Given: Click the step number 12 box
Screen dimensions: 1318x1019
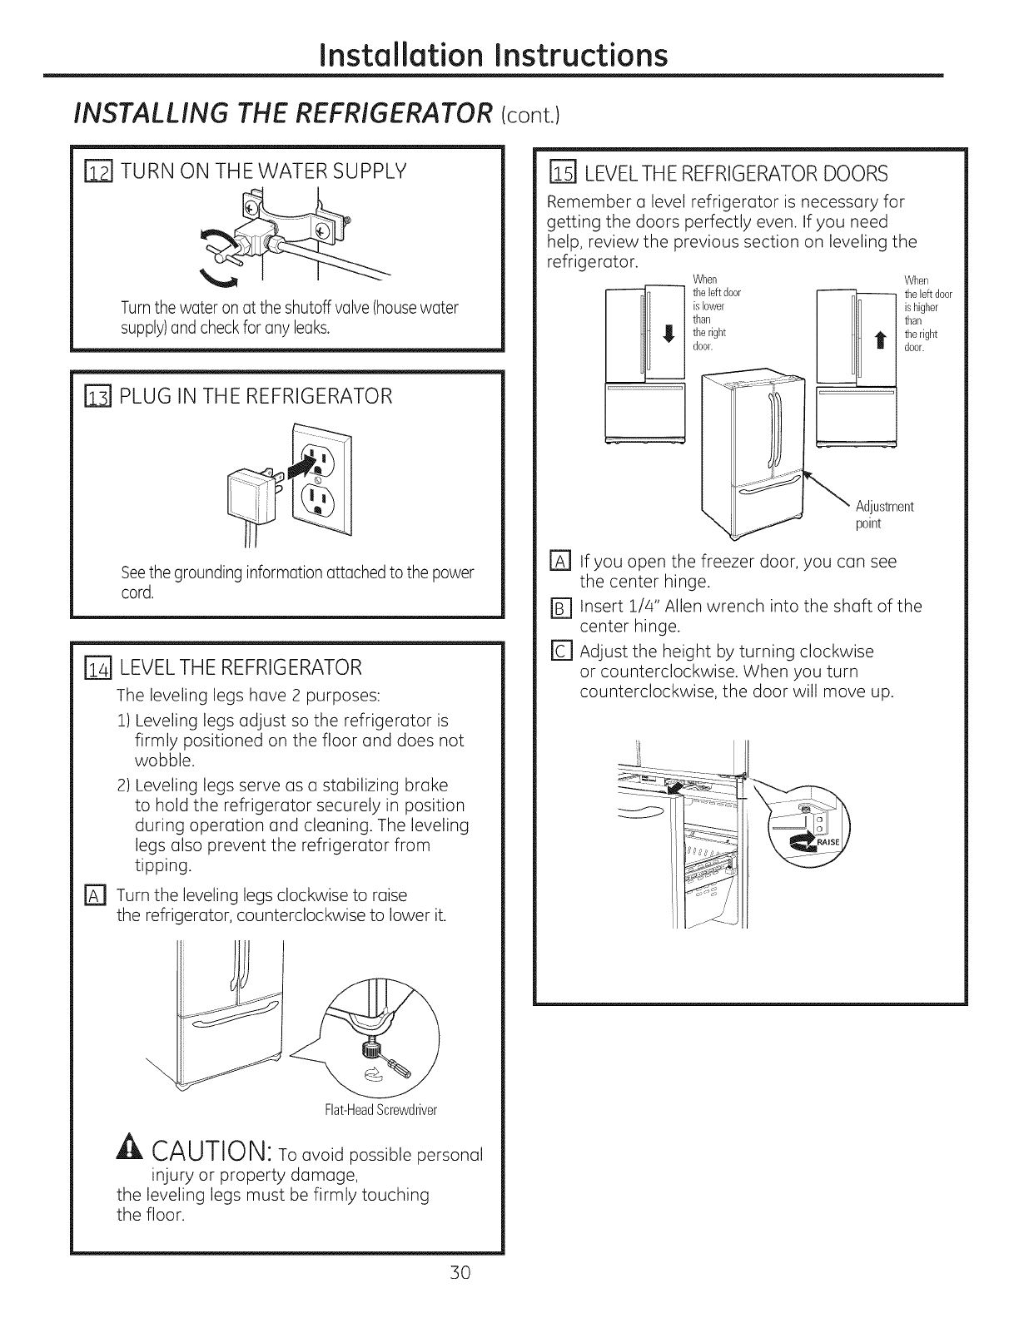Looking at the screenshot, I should click(x=99, y=173).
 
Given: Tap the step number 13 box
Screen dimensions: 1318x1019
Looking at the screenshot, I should click(x=99, y=396).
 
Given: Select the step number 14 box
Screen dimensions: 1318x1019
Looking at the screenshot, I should click(x=99, y=667).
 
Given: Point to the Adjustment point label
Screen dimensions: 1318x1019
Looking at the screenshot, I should click(x=884, y=515).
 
